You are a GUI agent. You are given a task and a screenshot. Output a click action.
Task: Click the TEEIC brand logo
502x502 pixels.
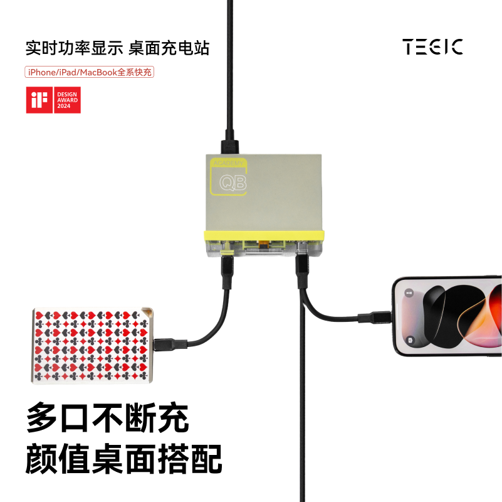(433, 46)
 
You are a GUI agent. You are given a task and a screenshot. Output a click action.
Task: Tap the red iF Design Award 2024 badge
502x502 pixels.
(53, 100)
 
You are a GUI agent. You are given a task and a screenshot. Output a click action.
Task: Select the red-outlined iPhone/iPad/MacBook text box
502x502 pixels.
(89, 72)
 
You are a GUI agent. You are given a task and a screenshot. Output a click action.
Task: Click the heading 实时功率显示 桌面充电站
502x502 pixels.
(117, 47)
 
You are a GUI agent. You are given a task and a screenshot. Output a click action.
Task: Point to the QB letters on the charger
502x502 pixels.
(233, 183)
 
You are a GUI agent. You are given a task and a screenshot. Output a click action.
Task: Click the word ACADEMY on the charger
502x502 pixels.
(229, 163)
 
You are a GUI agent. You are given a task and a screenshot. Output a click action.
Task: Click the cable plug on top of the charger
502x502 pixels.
(230, 142)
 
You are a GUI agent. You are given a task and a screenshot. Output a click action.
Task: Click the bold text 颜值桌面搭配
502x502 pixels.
(124, 459)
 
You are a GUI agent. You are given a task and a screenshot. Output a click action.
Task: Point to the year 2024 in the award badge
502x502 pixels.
(65, 107)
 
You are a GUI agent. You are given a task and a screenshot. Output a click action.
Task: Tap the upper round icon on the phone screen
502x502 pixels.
(409, 293)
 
